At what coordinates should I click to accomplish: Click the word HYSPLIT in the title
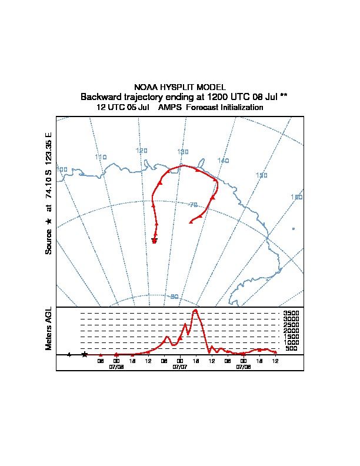tap(180, 87)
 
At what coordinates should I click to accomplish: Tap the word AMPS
tap(171, 107)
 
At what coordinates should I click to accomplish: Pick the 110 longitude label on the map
tap(101, 157)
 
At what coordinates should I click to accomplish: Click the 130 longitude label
tap(183, 152)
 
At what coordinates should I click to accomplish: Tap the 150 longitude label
tap(262, 175)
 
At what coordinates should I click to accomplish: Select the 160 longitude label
tap(296, 197)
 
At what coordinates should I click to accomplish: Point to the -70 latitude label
tap(192, 205)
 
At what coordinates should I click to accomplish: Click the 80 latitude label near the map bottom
tap(174, 297)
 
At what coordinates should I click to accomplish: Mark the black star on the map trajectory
tap(154, 241)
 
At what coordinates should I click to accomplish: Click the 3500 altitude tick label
tap(291, 313)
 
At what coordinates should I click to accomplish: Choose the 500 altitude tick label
tap(291, 348)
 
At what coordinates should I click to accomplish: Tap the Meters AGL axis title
tap(49, 328)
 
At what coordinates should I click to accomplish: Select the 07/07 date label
tap(180, 367)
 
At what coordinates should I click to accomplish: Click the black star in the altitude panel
tap(85, 354)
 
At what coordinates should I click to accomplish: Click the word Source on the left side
tap(49, 241)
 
